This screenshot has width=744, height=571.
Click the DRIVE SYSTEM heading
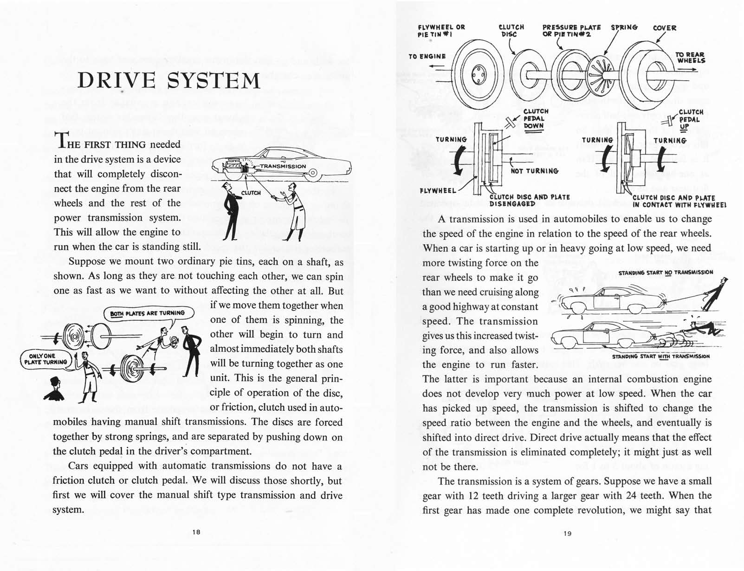coord(168,80)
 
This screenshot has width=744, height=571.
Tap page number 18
coord(196,532)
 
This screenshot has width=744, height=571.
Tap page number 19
coord(567,533)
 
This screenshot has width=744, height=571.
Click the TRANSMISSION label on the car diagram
coord(283,166)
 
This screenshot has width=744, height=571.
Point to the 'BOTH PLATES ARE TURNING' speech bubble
coord(147,313)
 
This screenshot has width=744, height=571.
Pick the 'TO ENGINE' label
coord(427,56)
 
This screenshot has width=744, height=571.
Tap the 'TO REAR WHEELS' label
coord(690,58)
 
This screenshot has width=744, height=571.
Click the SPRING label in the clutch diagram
coord(624,27)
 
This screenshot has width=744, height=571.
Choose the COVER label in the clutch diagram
coord(664,28)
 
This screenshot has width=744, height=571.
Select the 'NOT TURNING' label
coord(534,171)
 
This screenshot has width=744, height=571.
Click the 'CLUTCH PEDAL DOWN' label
coord(535,119)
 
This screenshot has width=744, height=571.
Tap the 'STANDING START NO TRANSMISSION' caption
coord(666,273)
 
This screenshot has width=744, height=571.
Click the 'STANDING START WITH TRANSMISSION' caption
coord(660,357)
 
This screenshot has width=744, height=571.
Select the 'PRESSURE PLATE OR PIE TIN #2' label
coord(571,31)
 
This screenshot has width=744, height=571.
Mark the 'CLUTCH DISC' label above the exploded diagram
coord(511,31)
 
